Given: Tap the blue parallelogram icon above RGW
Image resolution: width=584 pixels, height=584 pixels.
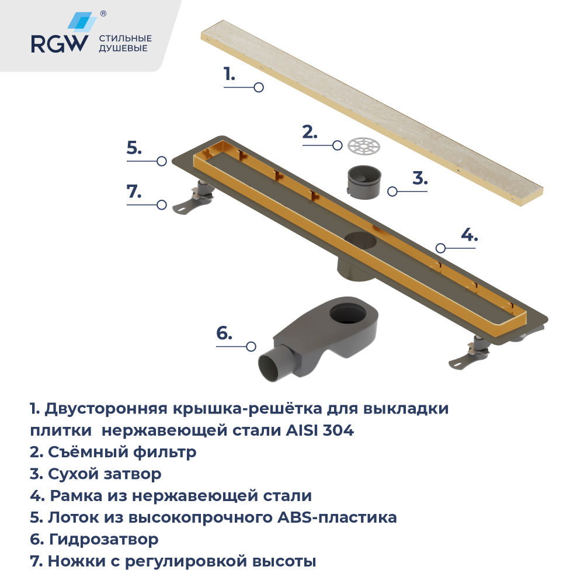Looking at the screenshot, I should click(81, 22).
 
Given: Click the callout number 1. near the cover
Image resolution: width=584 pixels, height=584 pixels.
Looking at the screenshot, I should click(229, 74).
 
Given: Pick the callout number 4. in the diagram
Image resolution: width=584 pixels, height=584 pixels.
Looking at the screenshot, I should click(469, 235).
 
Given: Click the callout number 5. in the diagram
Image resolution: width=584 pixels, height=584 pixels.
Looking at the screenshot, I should click(134, 148).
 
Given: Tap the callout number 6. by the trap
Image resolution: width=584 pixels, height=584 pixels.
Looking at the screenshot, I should click(224, 333).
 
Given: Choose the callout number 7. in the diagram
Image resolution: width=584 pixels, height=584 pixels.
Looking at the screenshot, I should click(134, 192).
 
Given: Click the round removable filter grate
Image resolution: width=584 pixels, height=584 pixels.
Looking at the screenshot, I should click(363, 145).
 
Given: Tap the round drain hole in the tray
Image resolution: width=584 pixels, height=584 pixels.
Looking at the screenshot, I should click(361, 239).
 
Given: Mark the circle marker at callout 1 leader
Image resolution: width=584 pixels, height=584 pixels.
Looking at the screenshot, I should click(259, 88).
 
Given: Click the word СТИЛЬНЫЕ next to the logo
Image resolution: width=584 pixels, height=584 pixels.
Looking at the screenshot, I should click(126, 39).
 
